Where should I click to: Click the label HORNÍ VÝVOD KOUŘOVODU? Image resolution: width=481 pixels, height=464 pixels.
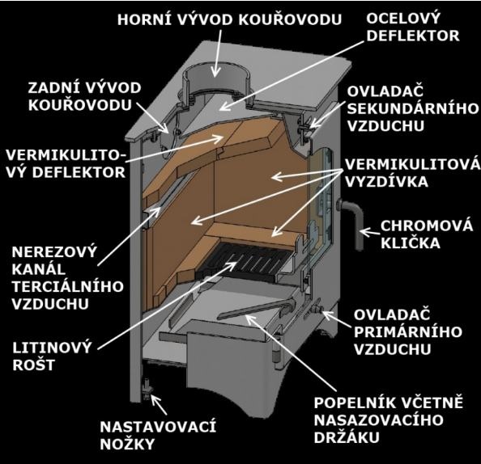[x=229, y=19]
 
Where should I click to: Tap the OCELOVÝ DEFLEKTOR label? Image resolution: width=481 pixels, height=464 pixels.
[x=413, y=27]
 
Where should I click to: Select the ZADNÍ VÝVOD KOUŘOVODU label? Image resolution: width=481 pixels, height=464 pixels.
[x=84, y=96]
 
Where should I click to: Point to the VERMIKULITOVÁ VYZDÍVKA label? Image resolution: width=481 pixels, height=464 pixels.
[x=413, y=173]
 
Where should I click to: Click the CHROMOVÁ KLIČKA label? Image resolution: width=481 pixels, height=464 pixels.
[x=427, y=234]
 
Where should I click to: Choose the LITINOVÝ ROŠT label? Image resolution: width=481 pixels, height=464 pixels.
[x=52, y=356]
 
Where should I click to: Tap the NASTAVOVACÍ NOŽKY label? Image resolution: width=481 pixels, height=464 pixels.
[x=158, y=436]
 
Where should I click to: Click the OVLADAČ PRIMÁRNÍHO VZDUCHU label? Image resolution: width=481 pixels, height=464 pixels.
[x=408, y=331]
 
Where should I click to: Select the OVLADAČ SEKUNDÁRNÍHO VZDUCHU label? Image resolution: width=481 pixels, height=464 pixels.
[x=413, y=108]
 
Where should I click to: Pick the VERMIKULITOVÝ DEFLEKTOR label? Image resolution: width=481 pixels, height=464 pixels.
[x=66, y=163]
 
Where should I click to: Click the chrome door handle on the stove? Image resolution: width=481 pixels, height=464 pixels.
[x=353, y=222]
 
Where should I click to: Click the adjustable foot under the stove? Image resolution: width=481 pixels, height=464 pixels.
[x=147, y=389]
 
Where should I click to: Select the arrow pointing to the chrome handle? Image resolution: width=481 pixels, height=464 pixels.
[x=369, y=231]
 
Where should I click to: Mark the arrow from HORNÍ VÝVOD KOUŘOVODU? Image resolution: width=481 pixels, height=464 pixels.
[x=217, y=53]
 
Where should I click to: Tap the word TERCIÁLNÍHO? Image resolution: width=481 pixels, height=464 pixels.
[x=67, y=286]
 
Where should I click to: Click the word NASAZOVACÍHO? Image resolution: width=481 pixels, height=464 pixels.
[x=378, y=420]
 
